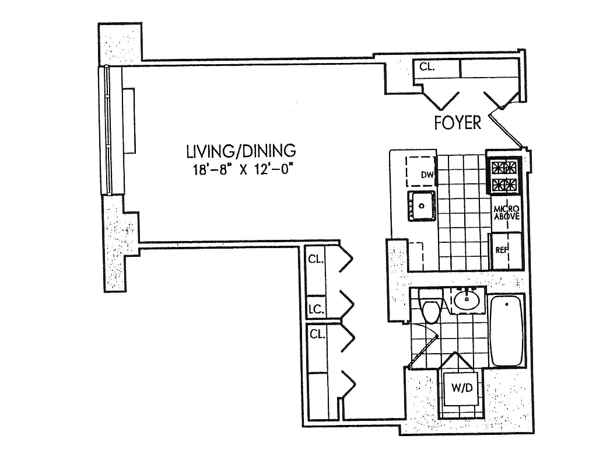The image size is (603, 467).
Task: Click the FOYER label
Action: point(458,123)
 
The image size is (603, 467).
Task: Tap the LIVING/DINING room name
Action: point(241,151)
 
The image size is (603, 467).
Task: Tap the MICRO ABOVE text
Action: point(506,214)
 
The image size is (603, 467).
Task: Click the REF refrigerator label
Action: point(501,250)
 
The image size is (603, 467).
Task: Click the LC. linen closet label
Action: point(317,309)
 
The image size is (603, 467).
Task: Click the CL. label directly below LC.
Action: point(317,334)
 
